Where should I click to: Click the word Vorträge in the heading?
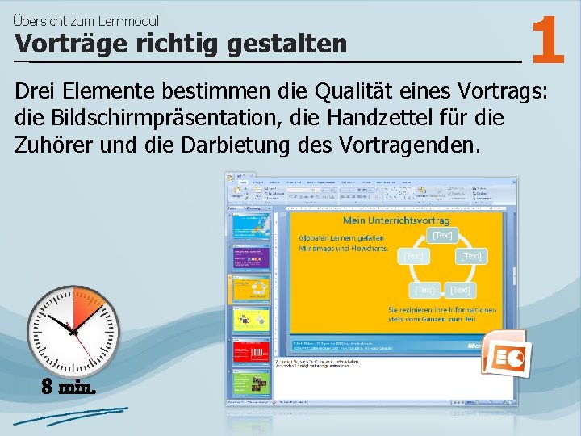click(x=56, y=44)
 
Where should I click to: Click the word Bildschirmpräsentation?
click(x=163, y=119)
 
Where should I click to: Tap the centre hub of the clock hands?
click(x=73, y=330)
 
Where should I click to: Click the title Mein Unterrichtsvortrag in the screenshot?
click(x=396, y=220)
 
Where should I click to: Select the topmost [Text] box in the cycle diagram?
click(x=442, y=235)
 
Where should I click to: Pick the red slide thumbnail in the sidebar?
click(x=250, y=351)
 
